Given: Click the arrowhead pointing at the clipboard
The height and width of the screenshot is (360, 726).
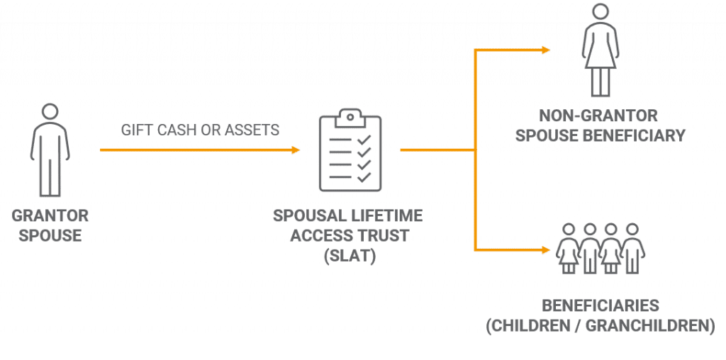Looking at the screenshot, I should [x=296, y=150].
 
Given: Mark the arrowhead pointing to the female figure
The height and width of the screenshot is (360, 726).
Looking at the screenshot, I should [x=546, y=50].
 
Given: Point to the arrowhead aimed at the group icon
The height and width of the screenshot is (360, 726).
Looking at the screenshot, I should [x=546, y=249].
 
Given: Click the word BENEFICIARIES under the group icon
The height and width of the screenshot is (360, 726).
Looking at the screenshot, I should [x=600, y=307].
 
